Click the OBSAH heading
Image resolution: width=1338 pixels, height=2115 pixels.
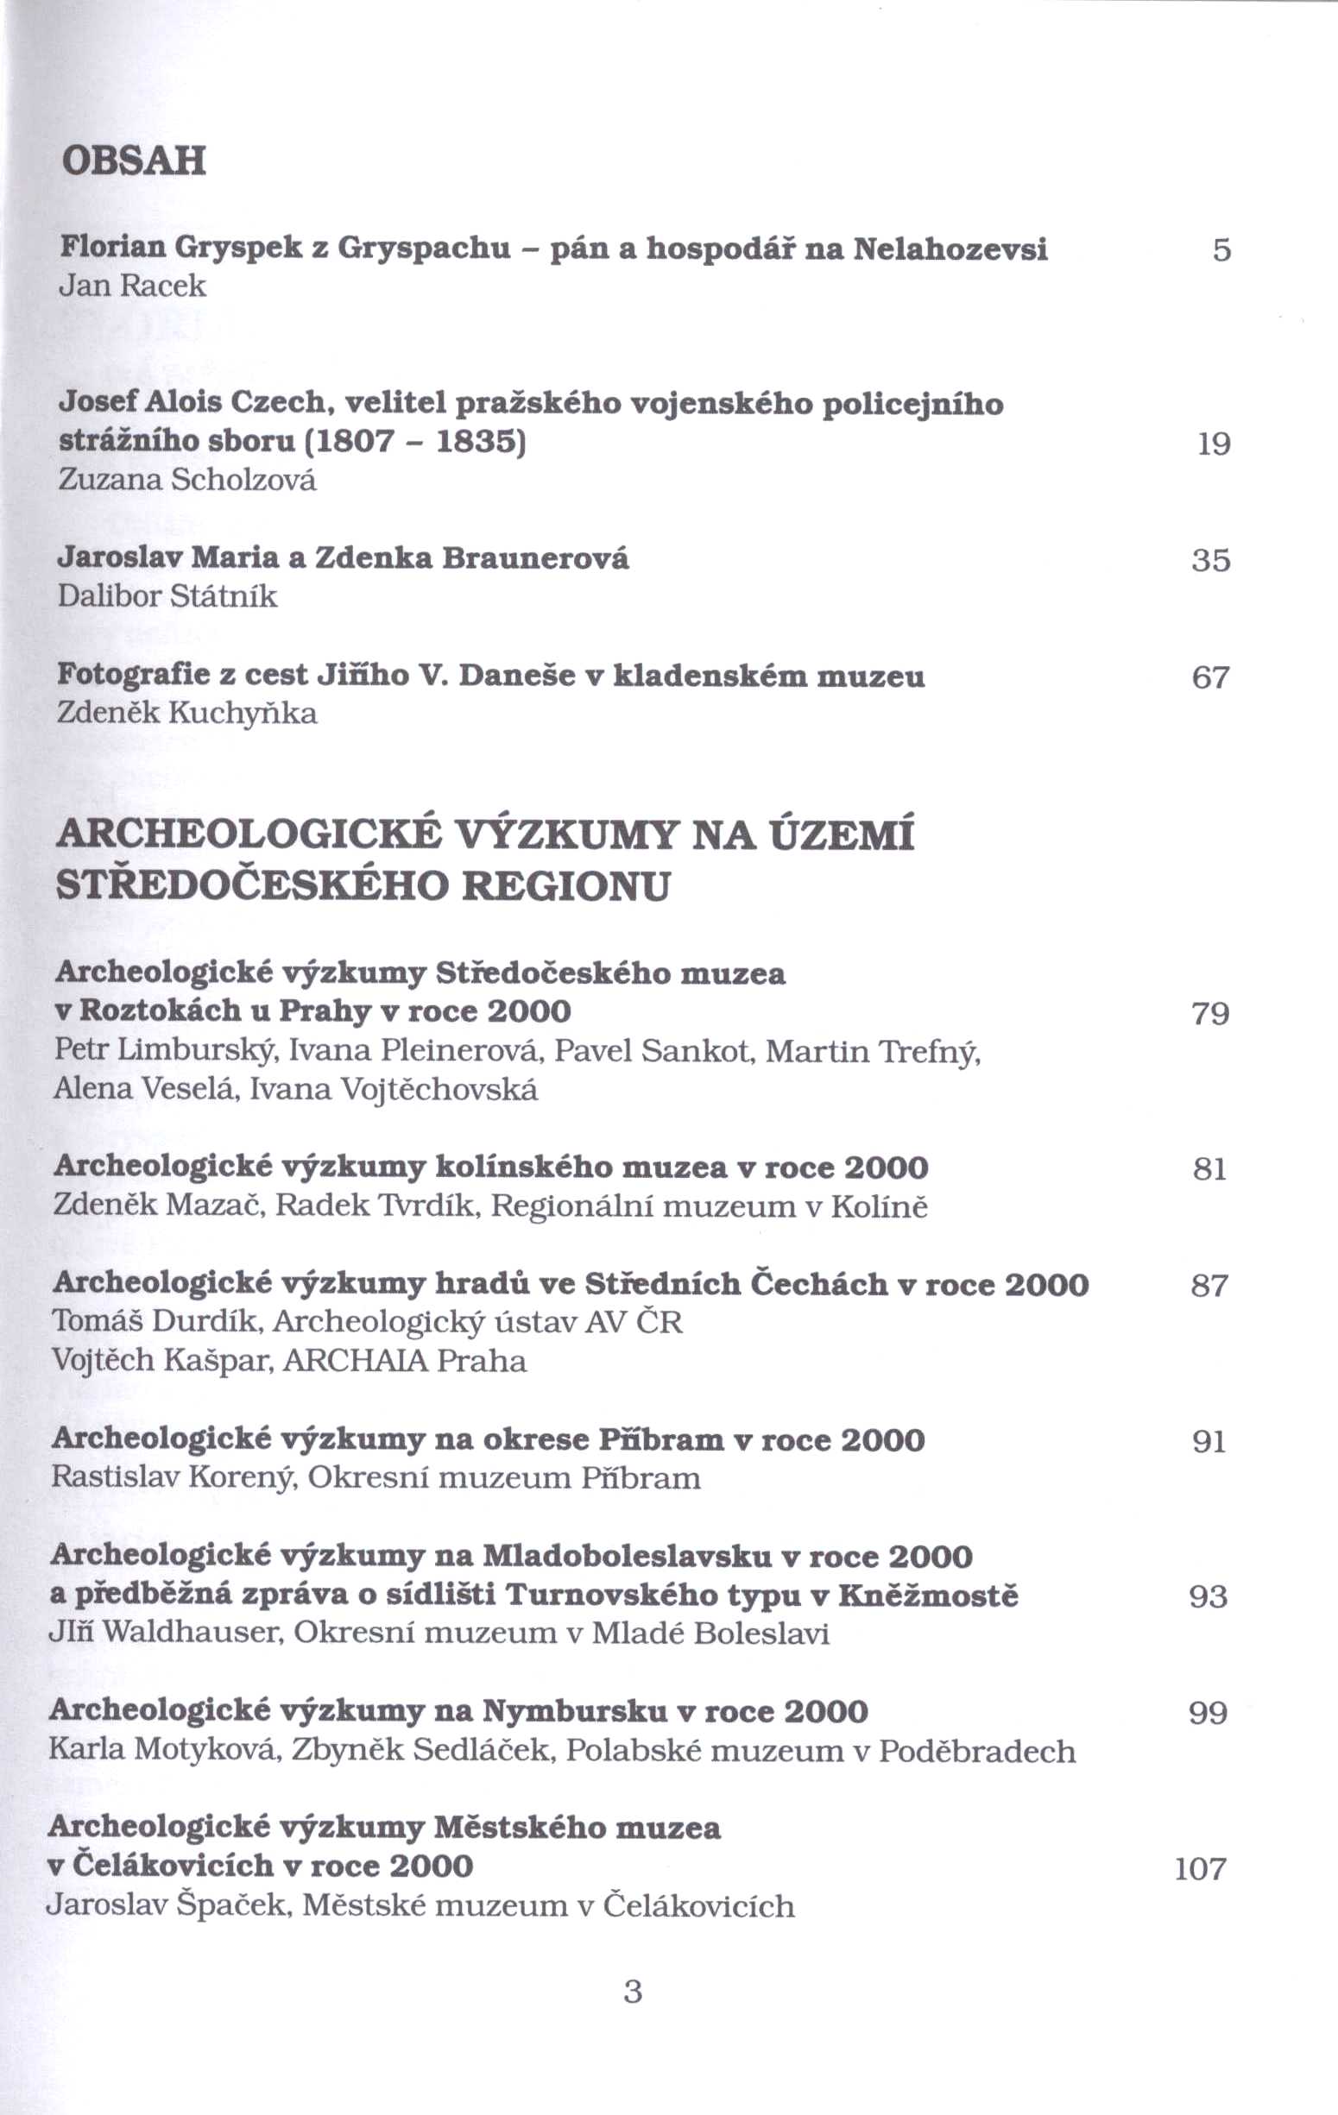[x=134, y=161]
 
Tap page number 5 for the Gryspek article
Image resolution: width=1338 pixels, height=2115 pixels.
[x=1221, y=251]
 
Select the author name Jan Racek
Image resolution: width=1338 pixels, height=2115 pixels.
[x=132, y=286]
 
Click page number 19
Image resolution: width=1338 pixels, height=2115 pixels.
[x=1215, y=444]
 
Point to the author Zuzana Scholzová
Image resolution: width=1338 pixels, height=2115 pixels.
[x=187, y=480]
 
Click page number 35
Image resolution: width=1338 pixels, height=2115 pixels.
[x=1210, y=560]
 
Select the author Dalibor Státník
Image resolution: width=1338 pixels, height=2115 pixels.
[x=167, y=597]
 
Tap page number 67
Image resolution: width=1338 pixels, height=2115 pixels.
[x=1210, y=677]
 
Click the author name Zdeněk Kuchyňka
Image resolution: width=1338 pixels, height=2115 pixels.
[x=186, y=713]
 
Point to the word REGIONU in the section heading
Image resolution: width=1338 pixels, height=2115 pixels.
[x=565, y=886]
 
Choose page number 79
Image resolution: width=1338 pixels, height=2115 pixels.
[x=1209, y=1015]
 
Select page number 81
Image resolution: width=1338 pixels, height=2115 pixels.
[x=1209, y=1169]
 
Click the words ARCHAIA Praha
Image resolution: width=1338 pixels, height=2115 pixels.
[x=405, y=1361]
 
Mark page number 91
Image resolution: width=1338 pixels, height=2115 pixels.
[x=1209, y=1442]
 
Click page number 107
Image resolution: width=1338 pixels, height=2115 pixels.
[x=1200, y=1869]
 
